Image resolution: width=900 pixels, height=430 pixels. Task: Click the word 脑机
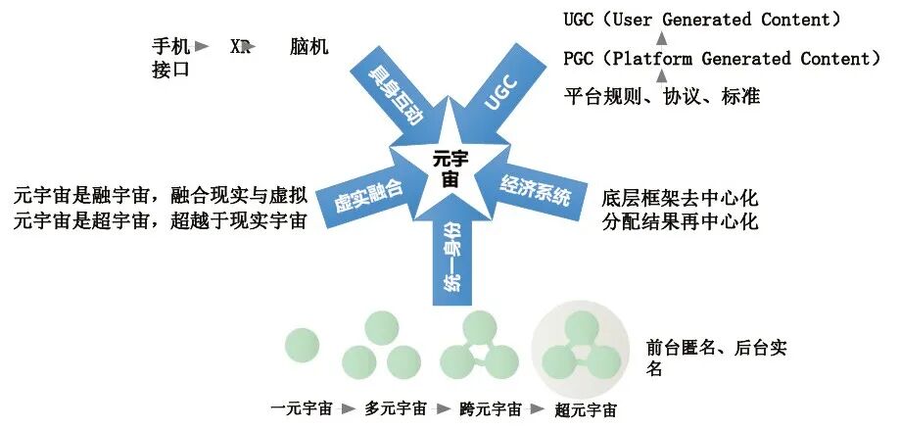click(x=309, y=46)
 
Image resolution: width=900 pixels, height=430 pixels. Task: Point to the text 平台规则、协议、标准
click(x=662, y=96)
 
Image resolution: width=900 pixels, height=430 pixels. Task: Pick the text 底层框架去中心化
click(x=681, y=196)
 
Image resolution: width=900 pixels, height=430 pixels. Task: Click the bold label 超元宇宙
click(x=585, y=409)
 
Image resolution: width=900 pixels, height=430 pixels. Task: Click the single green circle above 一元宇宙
click(x=302, y=344)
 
